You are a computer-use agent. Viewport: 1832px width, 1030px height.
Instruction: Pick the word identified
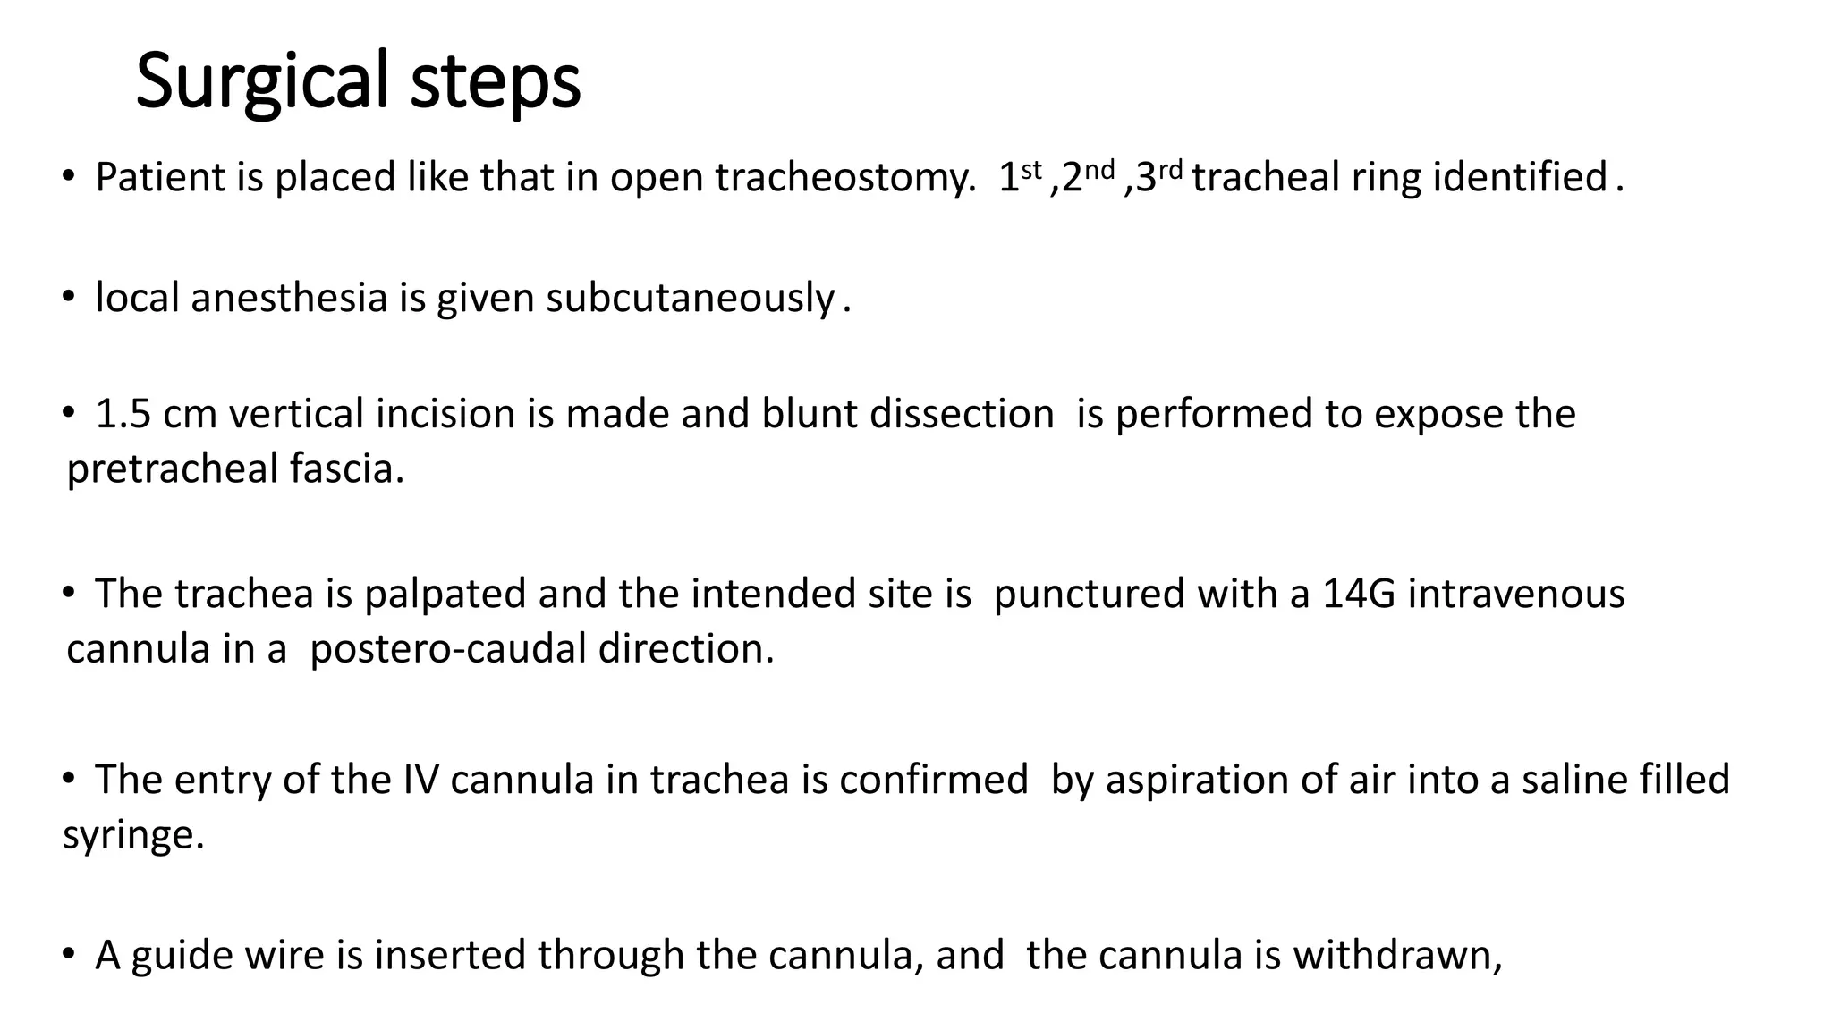[x=1520, y=177]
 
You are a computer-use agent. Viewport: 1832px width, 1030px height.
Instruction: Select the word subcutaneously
[x=691, y=297]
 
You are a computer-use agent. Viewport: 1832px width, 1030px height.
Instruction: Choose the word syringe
[x=132, y=835]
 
